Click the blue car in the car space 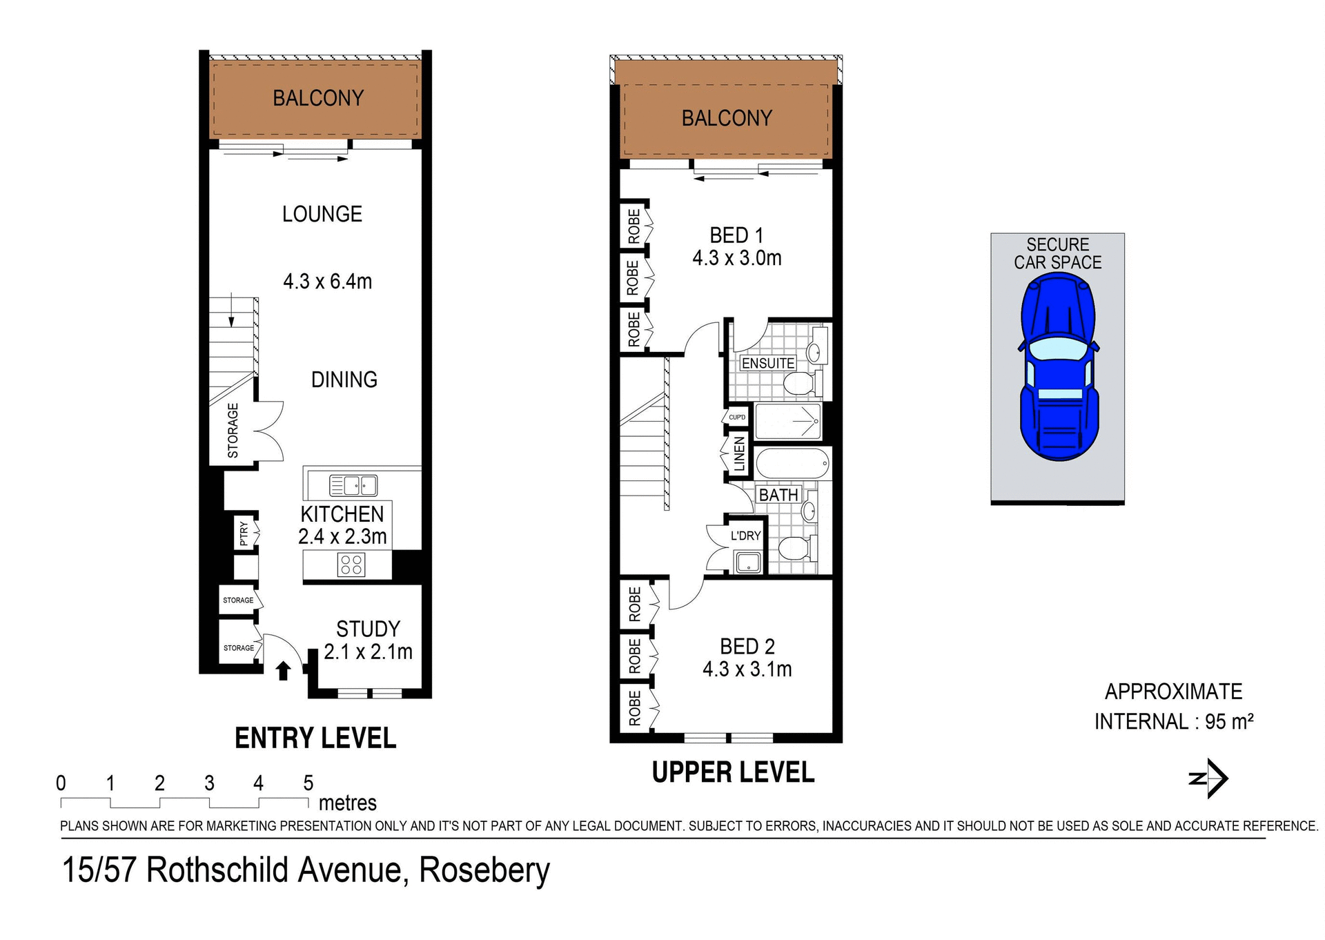[x=1058, y=366]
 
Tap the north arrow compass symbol [x=1210, y=779]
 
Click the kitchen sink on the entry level [x=353, y=485]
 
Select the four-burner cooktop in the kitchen [x=351, y=565]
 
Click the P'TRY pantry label [x=244, y=533]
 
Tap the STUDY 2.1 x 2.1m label [x=368, y=640]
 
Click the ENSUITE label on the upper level [x=767, y=363]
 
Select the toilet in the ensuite [x=801, y=383]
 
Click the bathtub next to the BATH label [x=792, y=463]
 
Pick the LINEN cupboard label [x=739, y=453]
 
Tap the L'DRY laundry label [x=745, y=536]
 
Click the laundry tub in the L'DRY [x=748, y=562]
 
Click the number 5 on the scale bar [x=308, y=783]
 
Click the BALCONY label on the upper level [x=727, y=118]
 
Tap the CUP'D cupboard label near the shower [x=737, y=417]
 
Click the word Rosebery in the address [x=484, y=870]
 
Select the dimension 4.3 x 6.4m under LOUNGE [x=327, y=282]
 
